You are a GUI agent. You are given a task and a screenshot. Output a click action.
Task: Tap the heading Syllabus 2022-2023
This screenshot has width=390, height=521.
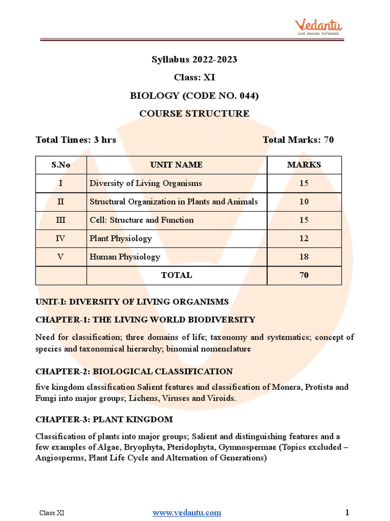click(194, 60)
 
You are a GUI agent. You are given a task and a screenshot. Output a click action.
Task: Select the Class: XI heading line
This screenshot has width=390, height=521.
click(194, 77)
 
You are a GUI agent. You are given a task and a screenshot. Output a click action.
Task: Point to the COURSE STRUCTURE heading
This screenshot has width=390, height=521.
click(194, 113)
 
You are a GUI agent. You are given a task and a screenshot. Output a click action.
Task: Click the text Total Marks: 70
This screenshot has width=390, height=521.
click(298, 140)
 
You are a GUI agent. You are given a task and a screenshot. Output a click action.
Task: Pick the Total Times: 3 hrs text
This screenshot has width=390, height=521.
click(76, 140)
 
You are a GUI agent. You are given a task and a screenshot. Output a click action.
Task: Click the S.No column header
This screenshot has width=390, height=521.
click(61, 165)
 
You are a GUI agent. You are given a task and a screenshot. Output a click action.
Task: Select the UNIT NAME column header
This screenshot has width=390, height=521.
click(176, 165)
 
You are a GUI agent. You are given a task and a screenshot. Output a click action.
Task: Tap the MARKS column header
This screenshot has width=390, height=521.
click(304, 165)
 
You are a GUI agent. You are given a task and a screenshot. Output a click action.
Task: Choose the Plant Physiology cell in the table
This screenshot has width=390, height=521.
click(121, 239)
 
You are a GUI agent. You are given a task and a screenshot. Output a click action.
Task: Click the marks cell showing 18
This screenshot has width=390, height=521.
click(304, 257)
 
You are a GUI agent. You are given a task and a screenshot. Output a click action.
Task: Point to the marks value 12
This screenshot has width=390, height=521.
click(304, 239)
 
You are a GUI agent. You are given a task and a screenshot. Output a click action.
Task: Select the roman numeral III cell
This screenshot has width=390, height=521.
click(61, 220)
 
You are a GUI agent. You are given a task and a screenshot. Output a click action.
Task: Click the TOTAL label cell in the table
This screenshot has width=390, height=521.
click(176, 275)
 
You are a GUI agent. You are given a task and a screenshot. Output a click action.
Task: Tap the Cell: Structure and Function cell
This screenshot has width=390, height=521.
click(142, 220)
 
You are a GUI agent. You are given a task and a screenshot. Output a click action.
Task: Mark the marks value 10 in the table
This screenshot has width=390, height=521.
click(304, 202)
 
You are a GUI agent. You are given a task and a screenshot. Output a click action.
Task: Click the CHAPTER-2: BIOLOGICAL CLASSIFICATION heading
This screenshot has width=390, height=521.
click(134, 372)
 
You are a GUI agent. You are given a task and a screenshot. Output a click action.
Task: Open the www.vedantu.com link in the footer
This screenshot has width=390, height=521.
click(187, 512)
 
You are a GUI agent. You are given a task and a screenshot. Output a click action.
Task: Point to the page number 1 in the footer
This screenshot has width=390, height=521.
click(347, 512)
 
